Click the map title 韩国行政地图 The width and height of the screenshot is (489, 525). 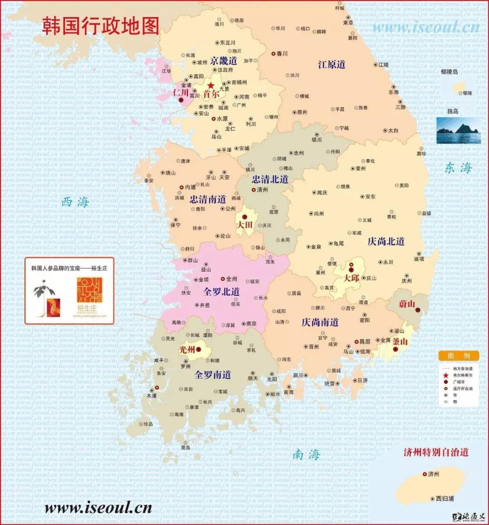tap(101, 26)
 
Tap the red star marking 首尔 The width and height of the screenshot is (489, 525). tap(211, 86)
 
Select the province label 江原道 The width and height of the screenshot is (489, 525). tap(331, 65)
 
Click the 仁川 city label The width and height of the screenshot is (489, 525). tap(181, 92)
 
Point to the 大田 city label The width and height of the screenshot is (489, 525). tap(245, 224)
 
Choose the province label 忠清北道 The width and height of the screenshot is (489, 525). tap(270, 179)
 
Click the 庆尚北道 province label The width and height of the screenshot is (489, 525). tap(386, 241)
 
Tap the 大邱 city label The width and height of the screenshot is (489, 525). tap(351, 278)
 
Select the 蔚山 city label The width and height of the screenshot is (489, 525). tap(407, 304)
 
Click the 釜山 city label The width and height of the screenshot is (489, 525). tap(400, 342)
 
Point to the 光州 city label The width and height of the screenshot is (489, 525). tap(187, 349)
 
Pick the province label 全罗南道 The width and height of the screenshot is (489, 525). tap(212, 375)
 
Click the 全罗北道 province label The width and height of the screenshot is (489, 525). tap(221, 292)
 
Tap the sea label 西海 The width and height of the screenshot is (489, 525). tap(75, 202)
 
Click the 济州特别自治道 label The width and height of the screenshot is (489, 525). tap(436, 452)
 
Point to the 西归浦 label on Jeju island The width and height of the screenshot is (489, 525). tap(445, 498)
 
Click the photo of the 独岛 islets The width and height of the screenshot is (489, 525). tap(458, 131)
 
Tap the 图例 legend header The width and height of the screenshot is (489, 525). tap(458, 356)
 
